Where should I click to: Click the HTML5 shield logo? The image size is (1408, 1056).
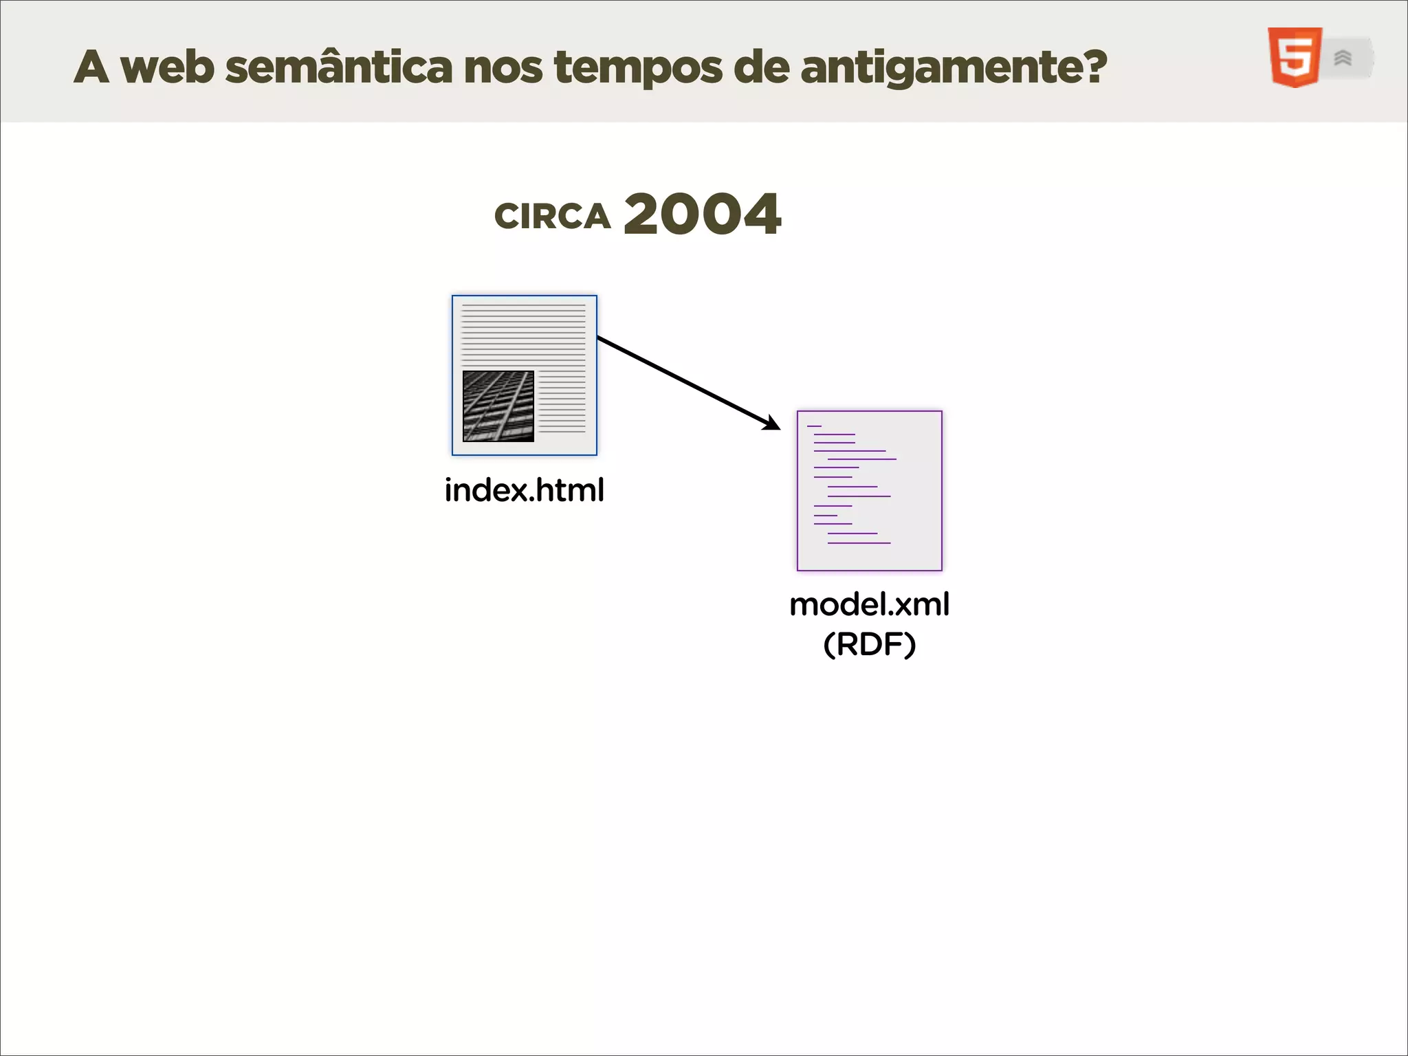coord(1295,58)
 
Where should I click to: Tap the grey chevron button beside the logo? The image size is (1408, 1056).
coord(1344,58)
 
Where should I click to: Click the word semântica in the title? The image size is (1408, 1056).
coord(338,67)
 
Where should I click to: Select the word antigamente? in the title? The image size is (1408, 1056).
coord(954,67)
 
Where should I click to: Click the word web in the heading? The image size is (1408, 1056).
coord(167,67)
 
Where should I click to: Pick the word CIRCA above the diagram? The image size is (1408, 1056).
coord(552,216)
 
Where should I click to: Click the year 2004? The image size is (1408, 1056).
coord(702,214)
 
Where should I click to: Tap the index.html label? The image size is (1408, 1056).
coord(524,490)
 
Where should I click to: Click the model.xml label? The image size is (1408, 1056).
coord(869,604)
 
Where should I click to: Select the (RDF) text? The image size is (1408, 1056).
coord(869,644)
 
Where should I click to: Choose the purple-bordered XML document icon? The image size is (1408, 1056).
coord(869,490)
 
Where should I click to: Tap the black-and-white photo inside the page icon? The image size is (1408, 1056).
coord(498,406)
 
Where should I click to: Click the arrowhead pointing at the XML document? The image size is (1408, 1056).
coord(772,423)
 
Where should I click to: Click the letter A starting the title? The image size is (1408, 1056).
coord(91,67)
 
